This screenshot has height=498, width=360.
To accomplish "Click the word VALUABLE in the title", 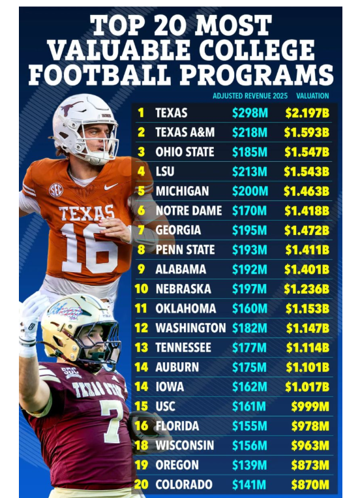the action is pyautogui.click(x=119, y=50).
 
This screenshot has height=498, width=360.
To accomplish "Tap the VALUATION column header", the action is pyautogui.click(x=312, y=95).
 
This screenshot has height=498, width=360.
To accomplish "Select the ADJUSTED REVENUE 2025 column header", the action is pyautogui.click(x=250, y=95).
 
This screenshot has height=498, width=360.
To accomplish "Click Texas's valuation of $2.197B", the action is pyautogui.click(x=307, y=113).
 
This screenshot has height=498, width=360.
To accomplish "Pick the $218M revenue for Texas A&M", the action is pyautogui.click(x=250, y=132).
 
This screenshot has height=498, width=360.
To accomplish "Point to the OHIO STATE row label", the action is pyautogui.click(x=185, y=152).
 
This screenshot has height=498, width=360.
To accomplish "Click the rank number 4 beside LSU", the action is pyautogui.click(x=142, y=172).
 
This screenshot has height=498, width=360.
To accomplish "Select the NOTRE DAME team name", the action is pyautogui.click(x=188, y=211).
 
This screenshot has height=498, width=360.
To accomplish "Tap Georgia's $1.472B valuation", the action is pyautogui.click(x=307, y=230).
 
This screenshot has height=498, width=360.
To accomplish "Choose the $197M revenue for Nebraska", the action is pyautogui.click(x=250, y=289).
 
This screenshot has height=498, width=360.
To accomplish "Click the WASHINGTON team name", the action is pyautogui.click(x=190, y=328).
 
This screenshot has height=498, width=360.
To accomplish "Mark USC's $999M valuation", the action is pyautogui.click(x=310, y=407).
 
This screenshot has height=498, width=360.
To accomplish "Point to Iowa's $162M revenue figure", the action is pyautogui.click(x=250, y=387).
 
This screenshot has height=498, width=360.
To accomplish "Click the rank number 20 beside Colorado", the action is pyautogui.click(x=142, y=484).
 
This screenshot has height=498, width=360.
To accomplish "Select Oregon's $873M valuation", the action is pyautogui.click(x=310, y=465).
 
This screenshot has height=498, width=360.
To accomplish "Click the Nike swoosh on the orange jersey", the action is pyautogui.click(x=111, y=187).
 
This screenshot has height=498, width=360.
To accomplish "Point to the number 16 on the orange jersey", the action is pyautogui.click(x=89, y=247).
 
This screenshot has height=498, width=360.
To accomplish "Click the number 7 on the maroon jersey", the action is pyautogui.click(x=112, y=421).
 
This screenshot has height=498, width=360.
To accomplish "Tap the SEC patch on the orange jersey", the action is pyautogui.click(x=56, y=190).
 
